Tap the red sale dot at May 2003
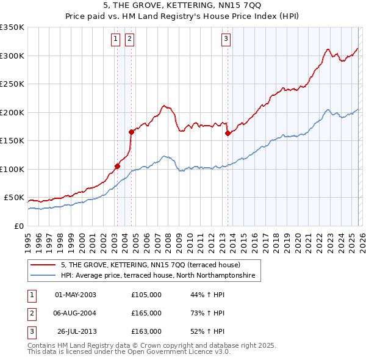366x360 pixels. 117,166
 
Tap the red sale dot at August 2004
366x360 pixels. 131,132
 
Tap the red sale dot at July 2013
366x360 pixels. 228,133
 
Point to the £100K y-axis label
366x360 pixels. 12,169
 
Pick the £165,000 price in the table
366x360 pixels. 146,313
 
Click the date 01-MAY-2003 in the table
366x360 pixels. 76,295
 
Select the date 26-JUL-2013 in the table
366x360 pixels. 76,331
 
